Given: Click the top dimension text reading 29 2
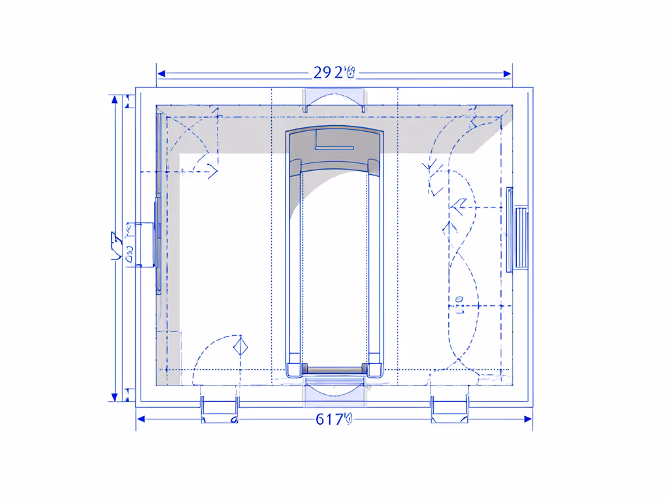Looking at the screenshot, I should pyautogui.click(x=333, y=72).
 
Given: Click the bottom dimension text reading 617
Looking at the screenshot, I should pyautogui.click(x=333, y=419).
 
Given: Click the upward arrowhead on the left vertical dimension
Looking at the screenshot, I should pyautogui.click(x=115, y=100).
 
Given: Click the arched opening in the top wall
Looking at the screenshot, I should pyautogui.click(x=334, y=99).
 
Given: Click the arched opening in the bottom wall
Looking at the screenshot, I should pyautogui.click(x=334, y=386).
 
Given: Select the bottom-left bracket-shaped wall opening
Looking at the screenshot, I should pyautogui.click(x=220, y=409).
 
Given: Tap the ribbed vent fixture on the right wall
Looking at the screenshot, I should pyautogui.click(x=521, y=237).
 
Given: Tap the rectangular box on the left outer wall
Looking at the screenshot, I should pyautogui.click(x=143, y=244).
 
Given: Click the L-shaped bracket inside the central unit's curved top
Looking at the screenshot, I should pyautogui.click(x=333, y=141).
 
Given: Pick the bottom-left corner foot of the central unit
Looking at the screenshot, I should pyautogui.click(x=295, y=365).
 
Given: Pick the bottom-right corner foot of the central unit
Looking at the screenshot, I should pyautogui.click(x=374, y=365).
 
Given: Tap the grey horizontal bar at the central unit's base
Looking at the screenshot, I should pyautogui.click(x=334, y=370).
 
